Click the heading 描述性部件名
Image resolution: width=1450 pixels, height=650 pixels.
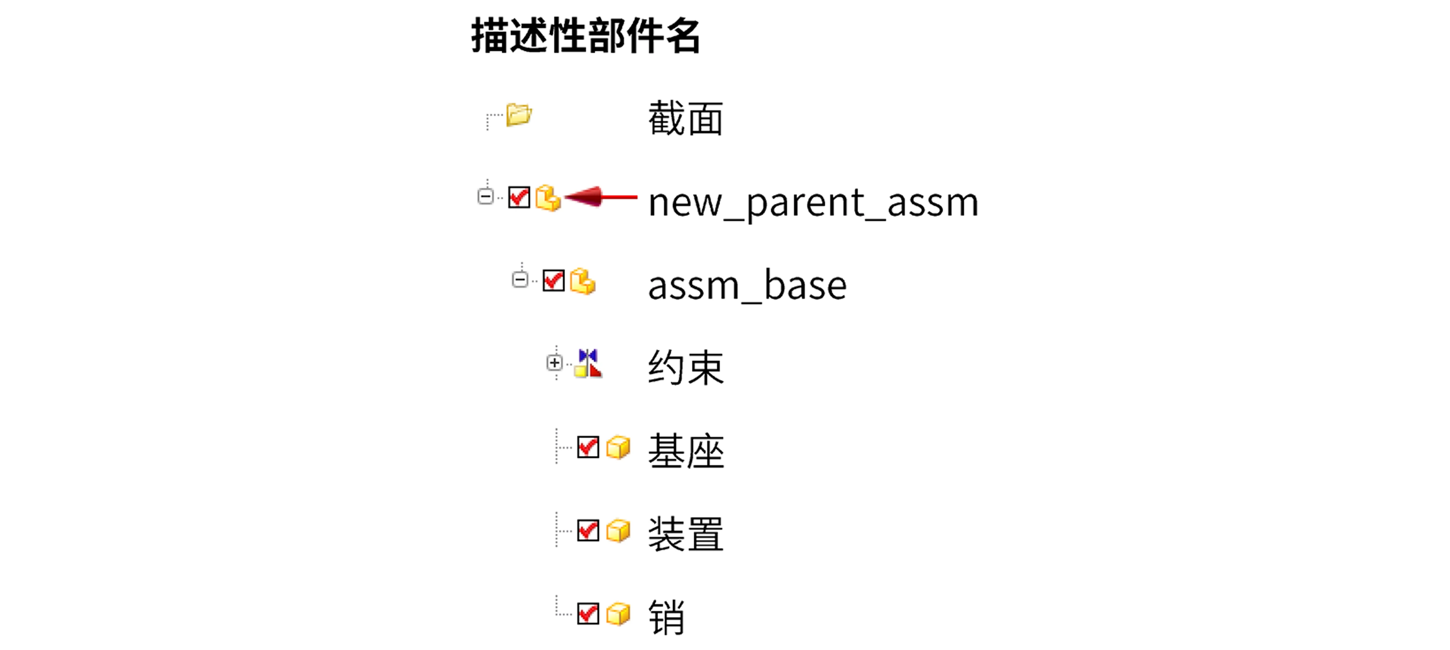586,36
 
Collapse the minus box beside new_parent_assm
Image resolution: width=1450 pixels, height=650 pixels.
485,196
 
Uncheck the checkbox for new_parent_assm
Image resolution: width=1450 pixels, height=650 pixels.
519,197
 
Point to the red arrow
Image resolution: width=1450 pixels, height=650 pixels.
600,197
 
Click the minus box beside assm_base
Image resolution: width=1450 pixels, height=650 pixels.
520,280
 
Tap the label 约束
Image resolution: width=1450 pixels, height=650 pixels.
686,368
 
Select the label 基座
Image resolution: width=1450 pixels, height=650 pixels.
686,451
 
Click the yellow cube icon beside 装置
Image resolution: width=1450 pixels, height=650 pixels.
618,531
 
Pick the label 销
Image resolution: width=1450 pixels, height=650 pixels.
666,617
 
